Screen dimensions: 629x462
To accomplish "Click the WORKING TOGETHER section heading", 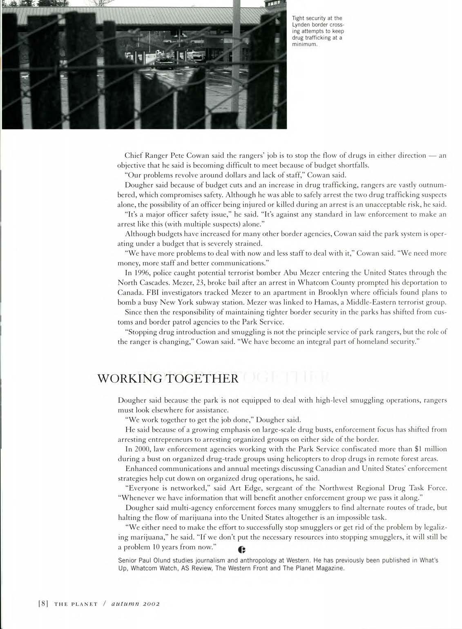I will pos(167,379).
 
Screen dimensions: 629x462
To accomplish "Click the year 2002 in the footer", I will pos(148,604).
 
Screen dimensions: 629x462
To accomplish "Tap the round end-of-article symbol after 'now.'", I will pos(241,550).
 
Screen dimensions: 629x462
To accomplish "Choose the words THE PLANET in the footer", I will pos(76,604).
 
